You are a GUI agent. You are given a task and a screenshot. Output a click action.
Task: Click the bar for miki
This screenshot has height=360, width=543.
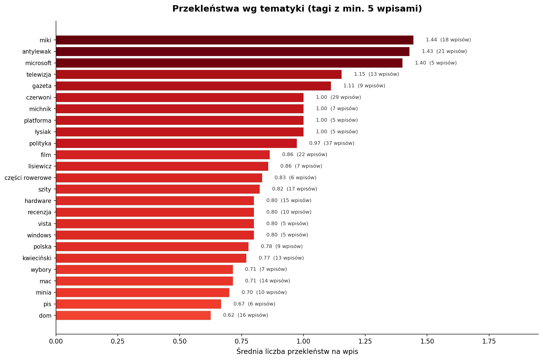coord(234,40)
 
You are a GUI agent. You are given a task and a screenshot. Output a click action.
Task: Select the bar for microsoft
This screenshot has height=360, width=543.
coord(229,63)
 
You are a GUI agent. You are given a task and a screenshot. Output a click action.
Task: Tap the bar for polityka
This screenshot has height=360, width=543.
coord(176,143)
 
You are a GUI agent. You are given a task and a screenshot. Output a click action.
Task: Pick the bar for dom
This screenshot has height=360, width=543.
coord(133,315)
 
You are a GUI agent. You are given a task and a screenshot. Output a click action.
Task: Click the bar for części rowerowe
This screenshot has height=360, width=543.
coord(159,178)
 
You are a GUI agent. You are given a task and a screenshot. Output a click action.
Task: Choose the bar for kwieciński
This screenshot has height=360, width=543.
coord(151,258)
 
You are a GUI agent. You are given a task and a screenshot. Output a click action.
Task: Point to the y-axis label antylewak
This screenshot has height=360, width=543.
coord(37,52)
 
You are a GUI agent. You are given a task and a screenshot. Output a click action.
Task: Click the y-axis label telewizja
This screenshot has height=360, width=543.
coord(39,75)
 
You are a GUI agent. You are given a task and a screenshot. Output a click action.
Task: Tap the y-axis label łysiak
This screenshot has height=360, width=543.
coord(43,132)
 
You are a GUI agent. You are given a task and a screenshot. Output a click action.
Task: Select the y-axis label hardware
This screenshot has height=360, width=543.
coord(38,201)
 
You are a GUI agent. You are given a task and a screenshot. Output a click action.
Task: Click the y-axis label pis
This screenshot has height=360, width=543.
coord(47,304)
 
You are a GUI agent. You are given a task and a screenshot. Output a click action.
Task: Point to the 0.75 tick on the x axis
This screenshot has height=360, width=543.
coord(241,341)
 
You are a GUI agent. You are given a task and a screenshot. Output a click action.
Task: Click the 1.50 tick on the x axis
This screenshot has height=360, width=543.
coord(427,341)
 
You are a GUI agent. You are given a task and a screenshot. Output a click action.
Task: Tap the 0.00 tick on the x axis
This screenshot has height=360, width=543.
coord(56,341)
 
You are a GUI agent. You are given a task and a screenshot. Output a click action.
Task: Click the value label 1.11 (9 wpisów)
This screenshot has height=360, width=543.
coord(364,86)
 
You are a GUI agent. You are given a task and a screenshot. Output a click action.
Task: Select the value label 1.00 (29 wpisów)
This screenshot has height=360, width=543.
coord(338,97)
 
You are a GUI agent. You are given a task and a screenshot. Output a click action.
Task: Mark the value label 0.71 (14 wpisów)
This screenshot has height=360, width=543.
coord(267,281)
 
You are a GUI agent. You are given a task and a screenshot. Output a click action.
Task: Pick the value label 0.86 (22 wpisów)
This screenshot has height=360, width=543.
coord(304,155)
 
